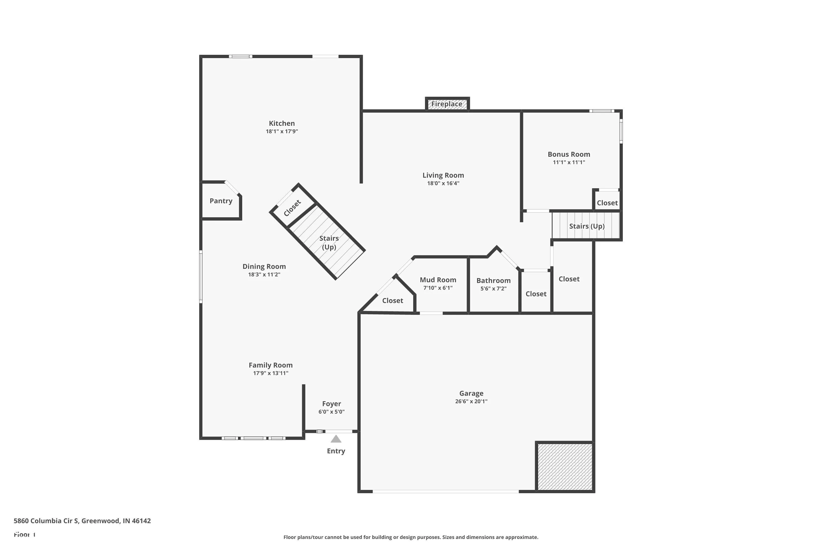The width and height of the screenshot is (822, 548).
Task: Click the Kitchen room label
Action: point(282,123)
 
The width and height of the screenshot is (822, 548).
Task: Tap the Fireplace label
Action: point(447,104)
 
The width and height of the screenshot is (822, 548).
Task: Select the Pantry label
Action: point(221,201)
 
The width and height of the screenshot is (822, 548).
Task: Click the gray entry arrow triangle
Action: point(336,439)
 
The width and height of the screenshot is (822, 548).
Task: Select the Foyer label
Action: point(331,404)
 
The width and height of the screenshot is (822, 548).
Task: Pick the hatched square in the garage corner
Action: point(565,467)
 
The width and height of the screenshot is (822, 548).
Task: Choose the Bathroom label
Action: point(493,281)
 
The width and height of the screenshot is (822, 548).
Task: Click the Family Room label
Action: point(270,365)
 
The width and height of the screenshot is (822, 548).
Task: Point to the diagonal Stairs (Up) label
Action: point(329,242)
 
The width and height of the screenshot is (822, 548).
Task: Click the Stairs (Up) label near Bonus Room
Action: point(587,226)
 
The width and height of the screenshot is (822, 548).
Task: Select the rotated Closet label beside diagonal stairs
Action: point(292,208)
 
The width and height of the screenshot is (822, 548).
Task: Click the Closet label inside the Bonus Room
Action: point(607,203)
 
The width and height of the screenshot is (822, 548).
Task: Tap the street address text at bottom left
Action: point(82,521)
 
